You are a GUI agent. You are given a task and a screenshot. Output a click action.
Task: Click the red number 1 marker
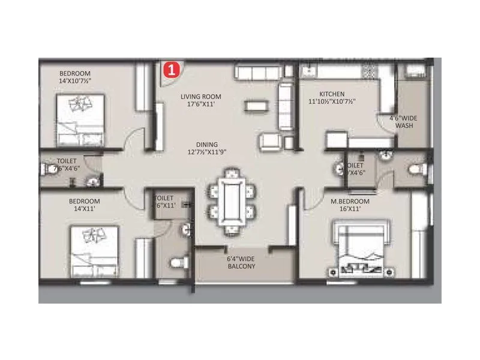[x=172, y=70]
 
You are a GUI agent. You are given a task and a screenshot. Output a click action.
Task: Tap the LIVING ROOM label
[x=201, y=97]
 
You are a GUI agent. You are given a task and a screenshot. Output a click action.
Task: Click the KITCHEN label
[x=332, y=94]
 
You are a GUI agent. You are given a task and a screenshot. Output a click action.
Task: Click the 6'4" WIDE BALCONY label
[x=242, y=262]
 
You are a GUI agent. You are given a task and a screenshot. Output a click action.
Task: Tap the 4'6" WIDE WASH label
[x=403, y=122]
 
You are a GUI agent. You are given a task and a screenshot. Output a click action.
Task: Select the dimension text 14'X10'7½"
[x=79, y=81]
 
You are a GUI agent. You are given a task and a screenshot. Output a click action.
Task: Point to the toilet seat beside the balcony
[x=179, y=262]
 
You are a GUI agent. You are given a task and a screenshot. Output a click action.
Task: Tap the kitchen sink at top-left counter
[x=308, y=71]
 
